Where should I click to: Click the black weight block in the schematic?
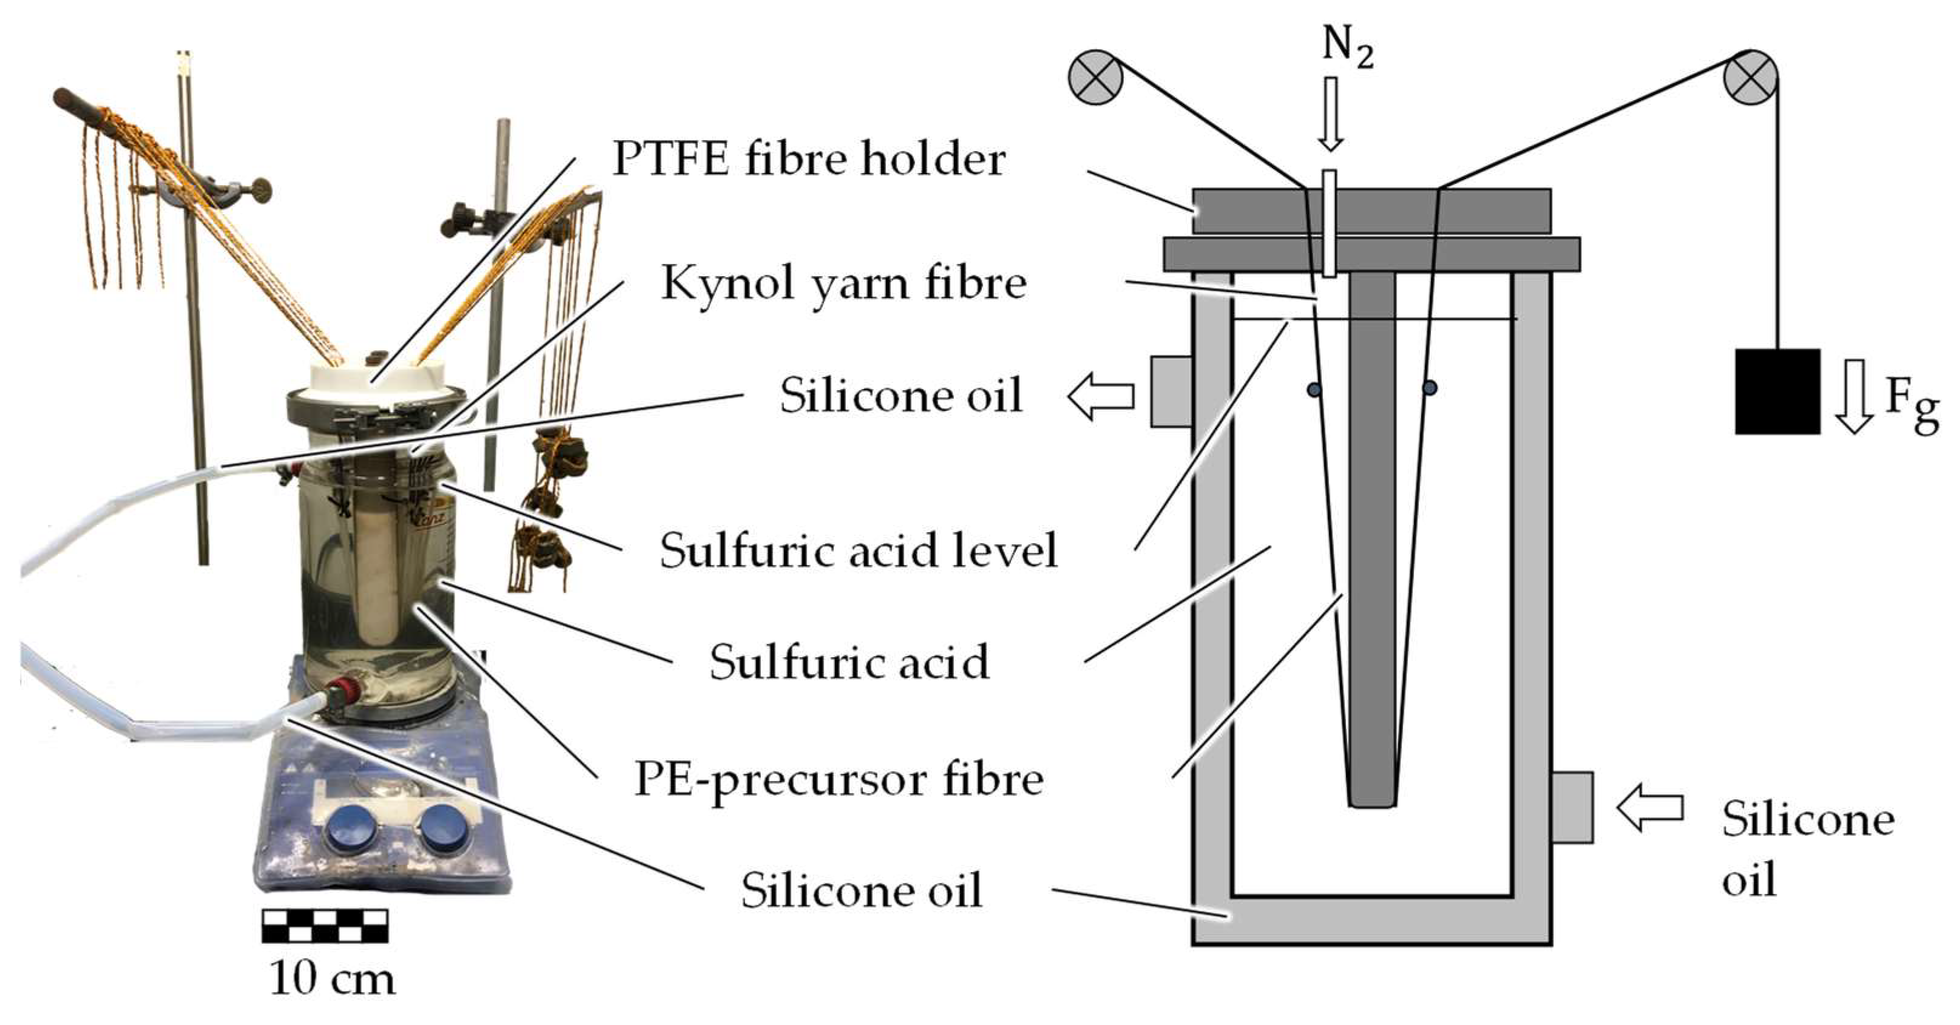click(x=1777, y=391)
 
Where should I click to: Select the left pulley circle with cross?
click(x=1096, y=77)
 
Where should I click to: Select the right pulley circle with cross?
click(x=1750, y=77)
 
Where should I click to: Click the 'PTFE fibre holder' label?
click(x=809, y=160)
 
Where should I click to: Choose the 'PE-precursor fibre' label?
click(x=839, y=779)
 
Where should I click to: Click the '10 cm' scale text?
click(x=333, y=979)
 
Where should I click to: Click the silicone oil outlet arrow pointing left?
click(x=1101, y=396)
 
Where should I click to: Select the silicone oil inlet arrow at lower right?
click(x=1649, y=809)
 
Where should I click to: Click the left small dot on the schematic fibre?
click(x=1314, y=390)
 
